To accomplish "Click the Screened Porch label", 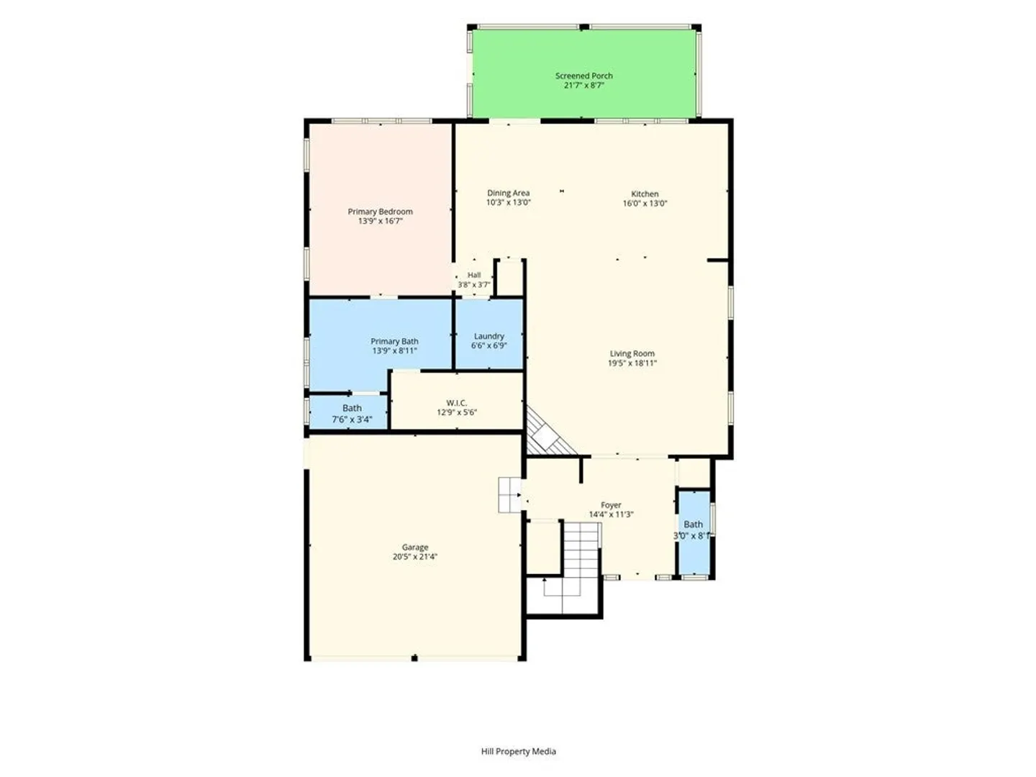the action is pyautogui.click(x=584, y=76).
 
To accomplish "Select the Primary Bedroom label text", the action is pyautogui.click(x=380, y=212).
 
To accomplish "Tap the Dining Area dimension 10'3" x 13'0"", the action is pyautogui.click(x=509, y=202).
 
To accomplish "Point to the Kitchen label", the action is pyautogui.click(x=645, y=194).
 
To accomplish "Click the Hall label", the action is pyautogui.click(x=474, y=275).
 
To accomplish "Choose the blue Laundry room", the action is pyautogui.click(x=489, y=334).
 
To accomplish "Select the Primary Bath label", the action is pyautogui.click(x=394, y=341).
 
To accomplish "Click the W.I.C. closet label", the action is pyautogui.click(x=456, y=403).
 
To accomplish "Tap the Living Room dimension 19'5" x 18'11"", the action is pyautogui.click(x=632, y=363).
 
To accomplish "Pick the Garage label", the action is pyautogui.click(x=415, y=547).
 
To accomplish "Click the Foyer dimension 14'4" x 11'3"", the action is pyautogui.click(x=611, y=514).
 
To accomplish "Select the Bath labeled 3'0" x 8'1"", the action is pyautogui.click(x=694, y=532).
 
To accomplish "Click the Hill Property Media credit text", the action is pyautogui.click(x=518, y=752).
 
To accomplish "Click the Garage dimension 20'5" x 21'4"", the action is pyautogui.click(x=415, y=557).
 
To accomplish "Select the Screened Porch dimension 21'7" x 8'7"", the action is pyautogui.click(x=584, y=86).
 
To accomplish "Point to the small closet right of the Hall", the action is pyautogui.click(x=510, y=278).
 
